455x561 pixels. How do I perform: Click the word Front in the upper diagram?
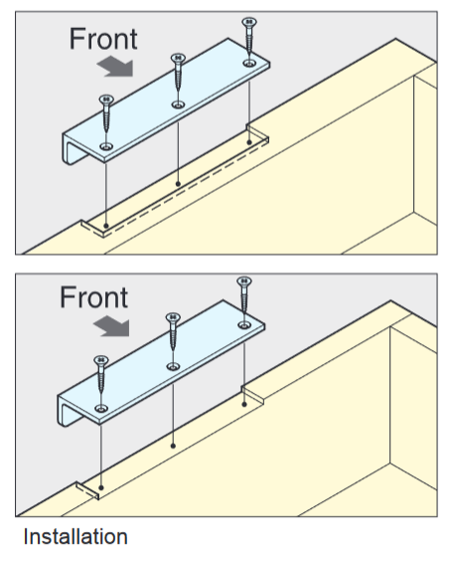103,39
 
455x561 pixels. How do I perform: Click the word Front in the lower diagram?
93,297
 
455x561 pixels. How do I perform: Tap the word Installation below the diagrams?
76,537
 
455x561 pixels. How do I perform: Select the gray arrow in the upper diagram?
115,67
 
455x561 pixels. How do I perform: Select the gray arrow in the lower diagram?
112,326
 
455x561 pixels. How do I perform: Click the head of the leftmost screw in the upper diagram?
106,99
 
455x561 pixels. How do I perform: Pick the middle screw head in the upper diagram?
178,58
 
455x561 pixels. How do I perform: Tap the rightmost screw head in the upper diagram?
249,22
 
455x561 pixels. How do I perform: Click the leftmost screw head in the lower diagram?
101,360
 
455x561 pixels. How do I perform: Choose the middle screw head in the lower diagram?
173,317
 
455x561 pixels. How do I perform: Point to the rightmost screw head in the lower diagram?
244,281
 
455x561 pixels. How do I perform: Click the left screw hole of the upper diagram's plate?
106,146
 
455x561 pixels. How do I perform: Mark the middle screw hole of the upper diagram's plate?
178,104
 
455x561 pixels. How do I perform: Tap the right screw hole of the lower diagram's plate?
244,325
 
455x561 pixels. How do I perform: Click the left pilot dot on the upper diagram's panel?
105,226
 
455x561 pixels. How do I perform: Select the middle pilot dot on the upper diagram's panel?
178,184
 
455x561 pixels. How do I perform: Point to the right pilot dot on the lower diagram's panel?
244,404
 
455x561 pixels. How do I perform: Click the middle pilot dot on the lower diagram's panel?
173,446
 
